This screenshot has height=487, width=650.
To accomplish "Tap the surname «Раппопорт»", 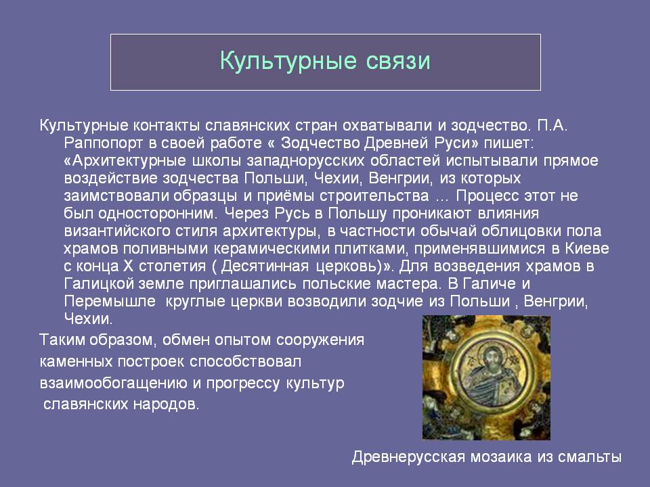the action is coord(103,143).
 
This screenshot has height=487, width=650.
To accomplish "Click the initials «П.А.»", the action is coord(552,125).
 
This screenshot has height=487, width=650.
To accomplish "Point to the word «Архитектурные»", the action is coord(126,161).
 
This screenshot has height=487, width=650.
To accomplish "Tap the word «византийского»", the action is coord(117,231).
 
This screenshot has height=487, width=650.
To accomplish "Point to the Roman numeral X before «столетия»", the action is coord(127,266).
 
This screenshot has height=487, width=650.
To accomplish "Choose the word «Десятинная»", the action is coord(265,266).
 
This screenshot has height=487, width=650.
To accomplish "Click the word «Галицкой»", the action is coord(100,283).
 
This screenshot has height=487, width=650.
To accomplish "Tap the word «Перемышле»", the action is coord(110,301).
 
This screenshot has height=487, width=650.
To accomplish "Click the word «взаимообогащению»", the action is coord(113,383).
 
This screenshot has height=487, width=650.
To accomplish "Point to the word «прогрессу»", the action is coord(243,384).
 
